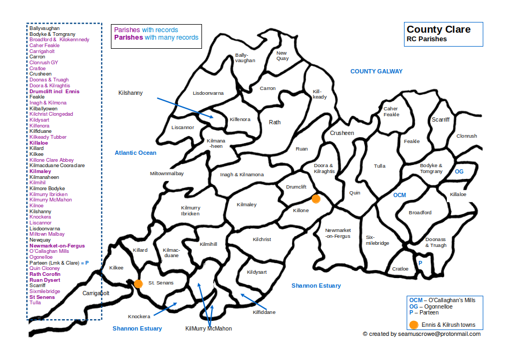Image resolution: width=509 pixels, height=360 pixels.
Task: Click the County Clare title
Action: [438, 29]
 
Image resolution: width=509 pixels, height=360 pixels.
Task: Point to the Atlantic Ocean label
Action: [136, 153]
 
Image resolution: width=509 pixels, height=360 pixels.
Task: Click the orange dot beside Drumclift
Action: [316, 199]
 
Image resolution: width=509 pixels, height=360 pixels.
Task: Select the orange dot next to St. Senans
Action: [138, 283]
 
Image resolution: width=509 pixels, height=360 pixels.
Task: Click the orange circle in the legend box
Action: [413, 325]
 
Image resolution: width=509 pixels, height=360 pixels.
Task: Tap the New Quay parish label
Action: [282, 56]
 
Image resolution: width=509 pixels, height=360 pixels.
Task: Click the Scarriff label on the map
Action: [440, 119]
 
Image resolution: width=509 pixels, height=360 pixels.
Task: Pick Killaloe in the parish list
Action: [39, 143]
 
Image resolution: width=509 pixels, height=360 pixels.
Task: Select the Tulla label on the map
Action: [380, 166]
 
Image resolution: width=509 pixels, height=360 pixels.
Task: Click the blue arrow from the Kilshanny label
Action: [185, 107]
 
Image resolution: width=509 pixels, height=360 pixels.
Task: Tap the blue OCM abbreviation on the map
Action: [400, 195]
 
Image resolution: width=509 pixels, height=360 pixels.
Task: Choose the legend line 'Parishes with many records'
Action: [156, 37]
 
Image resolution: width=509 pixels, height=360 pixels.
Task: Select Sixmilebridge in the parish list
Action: [44, 291]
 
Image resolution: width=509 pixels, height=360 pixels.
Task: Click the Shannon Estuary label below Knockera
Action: [137, 328]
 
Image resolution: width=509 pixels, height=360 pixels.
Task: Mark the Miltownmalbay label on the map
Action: [167, 174]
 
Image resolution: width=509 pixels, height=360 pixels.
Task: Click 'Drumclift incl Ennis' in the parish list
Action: [54, 92]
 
